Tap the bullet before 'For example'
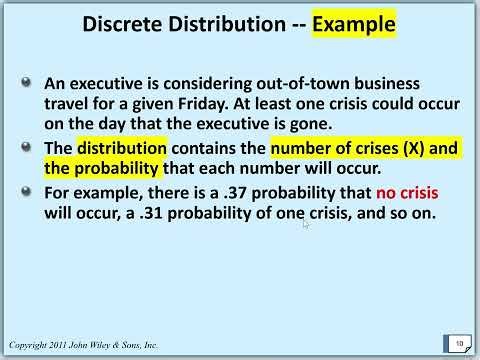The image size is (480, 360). [35, 189]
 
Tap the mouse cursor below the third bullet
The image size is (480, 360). [306, 225]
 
